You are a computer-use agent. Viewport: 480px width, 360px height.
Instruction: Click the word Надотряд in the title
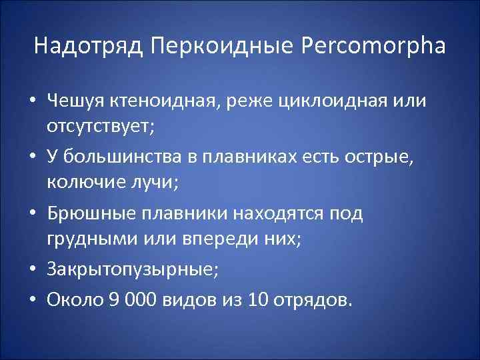click(89, 47)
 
